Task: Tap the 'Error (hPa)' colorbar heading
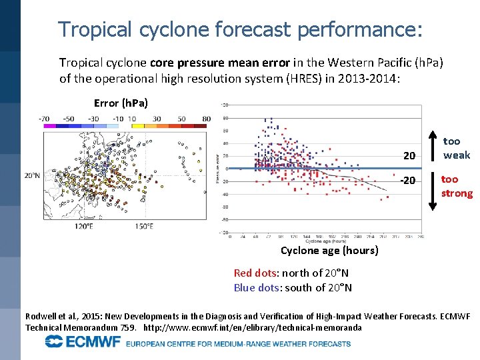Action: [x=121, y=103]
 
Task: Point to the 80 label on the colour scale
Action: [x=206, y=119]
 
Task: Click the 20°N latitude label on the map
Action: [x=31, y=176]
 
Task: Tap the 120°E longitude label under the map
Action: [x=83, y=226]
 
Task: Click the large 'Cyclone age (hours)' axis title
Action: [x=329, y=251]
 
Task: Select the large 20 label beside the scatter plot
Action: [x=409, y=156]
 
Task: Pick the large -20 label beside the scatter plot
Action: [x=407, y=181]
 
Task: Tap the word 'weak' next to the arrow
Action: [x=457, y=155]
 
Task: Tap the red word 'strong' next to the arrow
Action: [x=457, y=193]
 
